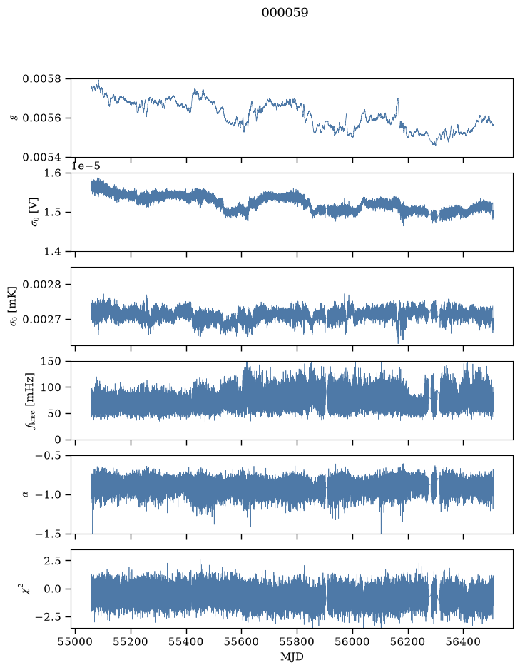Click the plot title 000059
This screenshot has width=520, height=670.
coord(285,12)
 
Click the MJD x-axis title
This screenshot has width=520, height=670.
coord(292,656)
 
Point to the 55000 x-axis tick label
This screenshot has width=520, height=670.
coord(75,641)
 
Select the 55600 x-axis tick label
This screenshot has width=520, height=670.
coord(241,641)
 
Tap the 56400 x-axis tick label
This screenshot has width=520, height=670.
coord(463,641)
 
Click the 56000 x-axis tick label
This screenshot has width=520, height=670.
coord(352,641)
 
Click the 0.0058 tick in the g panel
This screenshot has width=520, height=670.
coord(41,78)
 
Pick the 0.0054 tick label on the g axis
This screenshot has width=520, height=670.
coord(41,157)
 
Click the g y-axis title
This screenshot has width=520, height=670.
coord(14,118)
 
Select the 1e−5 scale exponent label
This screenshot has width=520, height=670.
coord(86,166)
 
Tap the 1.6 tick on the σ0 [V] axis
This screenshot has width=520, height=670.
coord(53,173)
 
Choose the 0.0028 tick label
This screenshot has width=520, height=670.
coord(41,284)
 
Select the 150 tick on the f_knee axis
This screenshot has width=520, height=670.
coord(51,362)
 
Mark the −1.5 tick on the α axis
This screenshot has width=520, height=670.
coord(48,534)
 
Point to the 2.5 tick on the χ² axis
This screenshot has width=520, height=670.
coord(53,560)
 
